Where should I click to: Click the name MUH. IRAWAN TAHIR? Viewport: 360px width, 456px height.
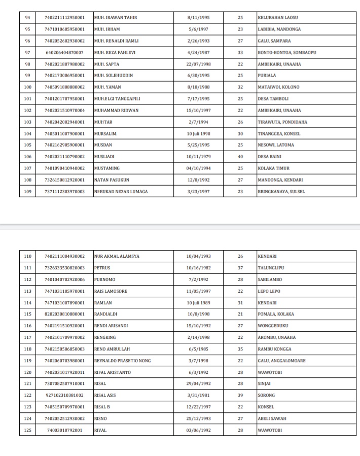point(116,18)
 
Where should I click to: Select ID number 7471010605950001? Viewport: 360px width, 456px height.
point(64,29)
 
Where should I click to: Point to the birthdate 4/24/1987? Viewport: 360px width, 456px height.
point(199,52)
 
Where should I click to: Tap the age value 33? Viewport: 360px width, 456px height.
point(240,52)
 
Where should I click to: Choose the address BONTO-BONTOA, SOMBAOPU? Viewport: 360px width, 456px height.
point(286,52)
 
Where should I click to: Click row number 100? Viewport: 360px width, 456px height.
point(28,87)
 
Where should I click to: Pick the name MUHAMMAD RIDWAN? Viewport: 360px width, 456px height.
point(117,111)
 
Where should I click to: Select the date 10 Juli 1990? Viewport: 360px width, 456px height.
point(199,134)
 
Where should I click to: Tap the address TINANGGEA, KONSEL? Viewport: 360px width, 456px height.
point(279,134)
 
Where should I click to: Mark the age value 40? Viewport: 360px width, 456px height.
point(240,157)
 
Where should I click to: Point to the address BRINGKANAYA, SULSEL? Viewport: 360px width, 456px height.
point(281,192)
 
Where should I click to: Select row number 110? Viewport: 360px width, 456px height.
point(28,256)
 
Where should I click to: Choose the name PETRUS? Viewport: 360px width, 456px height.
point(102,268)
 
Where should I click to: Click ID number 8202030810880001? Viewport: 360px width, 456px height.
point(64,314)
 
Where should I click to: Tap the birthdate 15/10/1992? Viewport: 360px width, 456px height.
point(199,326)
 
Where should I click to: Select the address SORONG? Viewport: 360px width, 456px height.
point(267,395)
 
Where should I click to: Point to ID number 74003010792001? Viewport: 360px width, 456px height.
point(64,430)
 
